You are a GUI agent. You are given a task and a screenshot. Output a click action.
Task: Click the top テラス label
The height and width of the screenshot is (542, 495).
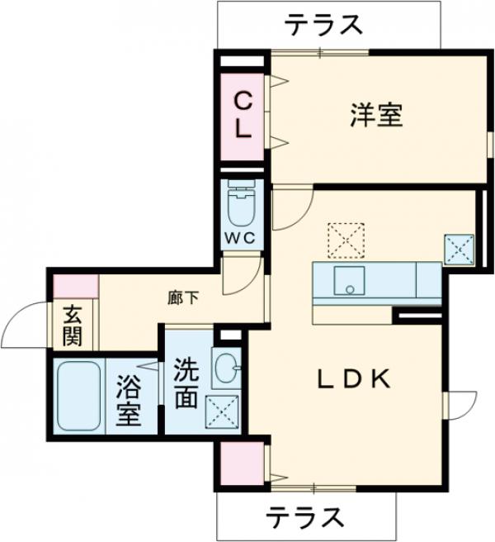[x=325, y=25]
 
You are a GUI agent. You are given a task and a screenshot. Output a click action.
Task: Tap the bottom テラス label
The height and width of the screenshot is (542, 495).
[x=304, y=517]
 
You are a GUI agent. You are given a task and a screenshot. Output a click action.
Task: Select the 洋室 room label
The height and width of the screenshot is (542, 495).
[x=375, y=115]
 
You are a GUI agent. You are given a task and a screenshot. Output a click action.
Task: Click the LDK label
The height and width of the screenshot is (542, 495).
[x=354, y=378]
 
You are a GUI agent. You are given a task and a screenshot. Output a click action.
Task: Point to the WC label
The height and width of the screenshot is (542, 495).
[x=242, y=238]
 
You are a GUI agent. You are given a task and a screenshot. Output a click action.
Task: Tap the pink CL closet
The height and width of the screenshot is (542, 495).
[x=243, y=116]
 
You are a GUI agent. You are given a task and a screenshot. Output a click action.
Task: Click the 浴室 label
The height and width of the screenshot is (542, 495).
[x=130, y=400]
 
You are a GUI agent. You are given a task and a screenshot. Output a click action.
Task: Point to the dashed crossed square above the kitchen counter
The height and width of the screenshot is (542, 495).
[x=344, y=240]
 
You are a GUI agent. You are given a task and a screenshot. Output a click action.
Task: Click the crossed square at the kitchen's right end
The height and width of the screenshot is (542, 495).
[x=459, y=250]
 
